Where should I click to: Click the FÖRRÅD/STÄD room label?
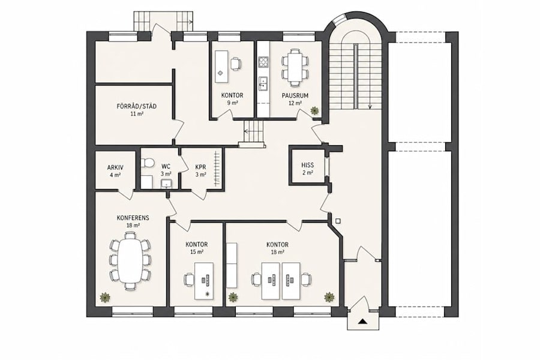136,106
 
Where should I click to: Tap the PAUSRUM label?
295,95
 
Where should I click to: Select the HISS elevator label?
308,166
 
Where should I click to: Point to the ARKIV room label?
115,168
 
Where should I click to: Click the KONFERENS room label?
133,218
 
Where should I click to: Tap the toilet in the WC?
147,163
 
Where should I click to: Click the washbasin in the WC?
167,184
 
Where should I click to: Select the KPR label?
200,167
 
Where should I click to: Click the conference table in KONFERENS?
130,260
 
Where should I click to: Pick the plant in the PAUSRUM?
314,110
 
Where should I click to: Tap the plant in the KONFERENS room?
104,297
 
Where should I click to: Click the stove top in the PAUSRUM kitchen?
263,62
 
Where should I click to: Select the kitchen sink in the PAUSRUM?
263,83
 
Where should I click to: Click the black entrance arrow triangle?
362,322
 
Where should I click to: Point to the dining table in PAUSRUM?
295,68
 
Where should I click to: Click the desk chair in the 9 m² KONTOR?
235,64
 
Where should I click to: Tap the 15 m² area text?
197,252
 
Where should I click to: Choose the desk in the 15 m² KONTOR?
204,281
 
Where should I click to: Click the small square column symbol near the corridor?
338,221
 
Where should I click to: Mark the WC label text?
166,167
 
